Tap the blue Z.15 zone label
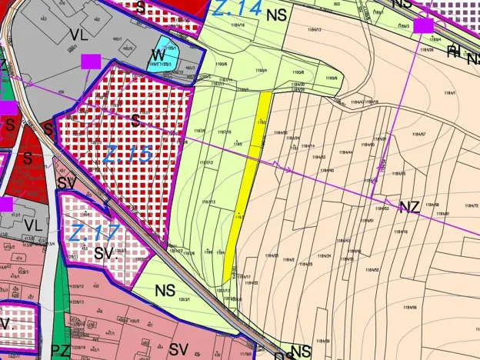coord(127,155)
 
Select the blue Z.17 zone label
coord(95,230)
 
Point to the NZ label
coord(409,206)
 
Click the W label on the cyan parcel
coord(158,55)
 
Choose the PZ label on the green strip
coord(61,351)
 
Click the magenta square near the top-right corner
coord(423,25)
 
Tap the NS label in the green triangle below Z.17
coord(165,290)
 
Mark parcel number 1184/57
coord(419,134)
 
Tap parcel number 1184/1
coord(450,93)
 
